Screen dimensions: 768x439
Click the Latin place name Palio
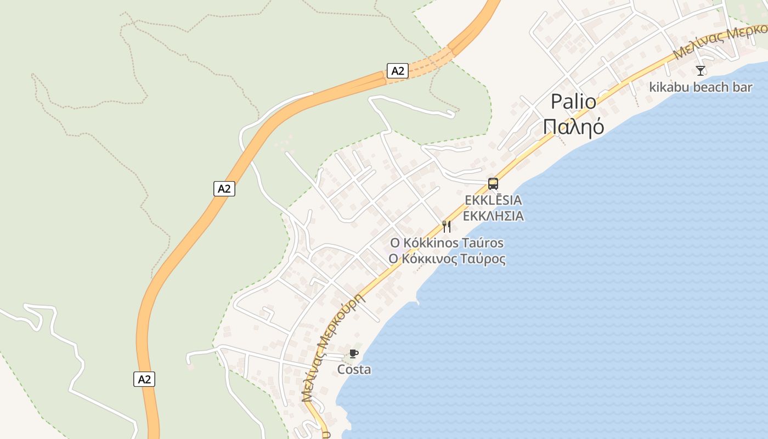point(573,102)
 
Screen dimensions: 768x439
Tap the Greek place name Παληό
point(573,127)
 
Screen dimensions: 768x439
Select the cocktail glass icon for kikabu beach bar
point(701,70)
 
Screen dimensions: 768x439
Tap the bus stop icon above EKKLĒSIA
point(493,184)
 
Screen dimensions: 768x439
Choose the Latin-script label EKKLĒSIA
point(493,200)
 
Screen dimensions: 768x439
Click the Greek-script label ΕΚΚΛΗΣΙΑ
point(493,216)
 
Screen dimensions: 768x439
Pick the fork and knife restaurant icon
point(447,226)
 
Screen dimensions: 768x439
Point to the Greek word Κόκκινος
point(427,259)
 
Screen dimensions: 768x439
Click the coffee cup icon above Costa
point(354,353)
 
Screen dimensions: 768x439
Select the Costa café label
point(354,370)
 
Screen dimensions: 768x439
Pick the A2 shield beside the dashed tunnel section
point(398,70)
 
